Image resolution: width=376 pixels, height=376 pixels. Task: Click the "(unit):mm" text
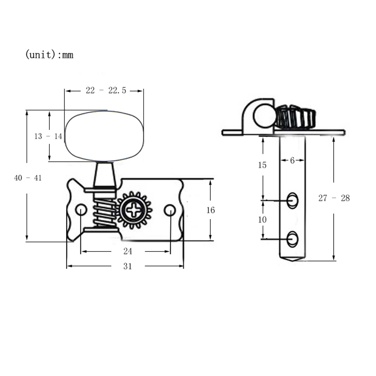(x=49, y=55)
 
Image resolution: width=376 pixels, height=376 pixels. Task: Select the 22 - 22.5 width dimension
(x=106, y=90)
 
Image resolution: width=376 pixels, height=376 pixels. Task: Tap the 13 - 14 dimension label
(x=48, y=136)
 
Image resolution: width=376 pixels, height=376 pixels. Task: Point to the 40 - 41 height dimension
(x=28, y=178)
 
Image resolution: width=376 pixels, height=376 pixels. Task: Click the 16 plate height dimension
(x=210, y=210)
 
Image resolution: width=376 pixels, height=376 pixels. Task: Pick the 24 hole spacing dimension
(x=127, y=252)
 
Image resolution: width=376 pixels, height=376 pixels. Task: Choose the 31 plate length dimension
(x=127, y=266)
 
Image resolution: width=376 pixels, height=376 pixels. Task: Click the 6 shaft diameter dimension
(x=292, y=160)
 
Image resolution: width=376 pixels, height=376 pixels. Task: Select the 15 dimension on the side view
(x=262, y=165)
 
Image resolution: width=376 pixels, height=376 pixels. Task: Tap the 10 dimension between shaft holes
(x=262, y=220)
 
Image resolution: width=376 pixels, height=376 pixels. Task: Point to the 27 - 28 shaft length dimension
(x=334, y=198)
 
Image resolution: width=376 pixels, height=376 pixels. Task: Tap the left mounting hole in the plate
(x=80, y=210)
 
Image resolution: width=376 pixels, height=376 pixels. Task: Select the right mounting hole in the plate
(x=169, y=210)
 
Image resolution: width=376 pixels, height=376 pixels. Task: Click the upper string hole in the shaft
(x=292, y=200)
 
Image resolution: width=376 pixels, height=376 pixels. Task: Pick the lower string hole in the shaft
(x=292, y=239)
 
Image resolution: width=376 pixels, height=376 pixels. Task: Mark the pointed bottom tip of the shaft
(x=292, y=260)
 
